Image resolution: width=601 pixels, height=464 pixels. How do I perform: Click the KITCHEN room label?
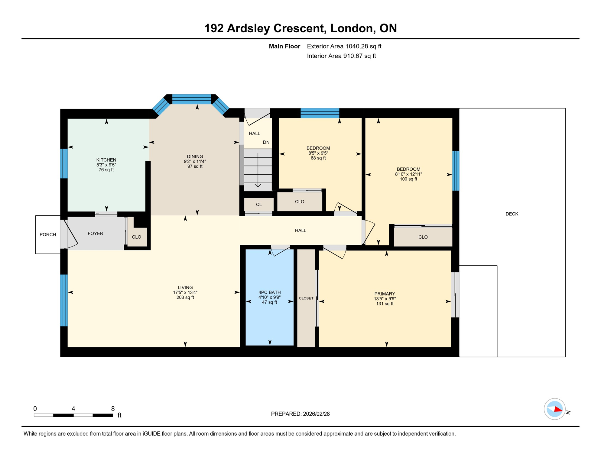[x=106, y=160]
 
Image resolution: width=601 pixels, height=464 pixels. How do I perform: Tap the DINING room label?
[x=195, y=156]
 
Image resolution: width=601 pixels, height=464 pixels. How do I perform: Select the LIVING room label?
[x=185, y=288]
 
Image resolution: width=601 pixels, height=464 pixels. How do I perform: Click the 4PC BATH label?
[x=269, y=292]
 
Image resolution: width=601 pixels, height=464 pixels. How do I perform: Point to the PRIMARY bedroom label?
[x=385, y=294]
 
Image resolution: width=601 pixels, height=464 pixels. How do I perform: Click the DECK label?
[x=512, y=214]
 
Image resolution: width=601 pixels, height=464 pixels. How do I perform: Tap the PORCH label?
[x=48, y=234]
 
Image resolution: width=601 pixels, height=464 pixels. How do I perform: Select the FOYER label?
[x=95, y=234]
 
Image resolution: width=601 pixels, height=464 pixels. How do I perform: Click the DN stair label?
[x=266, y=142]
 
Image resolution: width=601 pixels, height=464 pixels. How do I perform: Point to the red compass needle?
[x=558, y=410]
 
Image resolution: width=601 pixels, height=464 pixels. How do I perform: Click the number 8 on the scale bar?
[x=113, y=409]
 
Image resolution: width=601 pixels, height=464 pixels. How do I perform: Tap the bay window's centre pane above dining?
[x=191, y=99]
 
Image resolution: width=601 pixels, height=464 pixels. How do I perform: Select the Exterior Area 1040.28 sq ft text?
[x=344, y=46]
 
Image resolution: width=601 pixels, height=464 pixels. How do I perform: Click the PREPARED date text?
[x=300, y=414]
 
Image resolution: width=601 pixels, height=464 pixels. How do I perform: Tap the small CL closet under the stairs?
[x=259, y=205]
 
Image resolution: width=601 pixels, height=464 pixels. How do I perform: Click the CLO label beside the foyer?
[x=137, y=237]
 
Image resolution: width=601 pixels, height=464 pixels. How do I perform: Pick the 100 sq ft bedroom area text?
[x=408, y=179]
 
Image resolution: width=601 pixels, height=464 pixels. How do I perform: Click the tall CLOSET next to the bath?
[x=306, y=298]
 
